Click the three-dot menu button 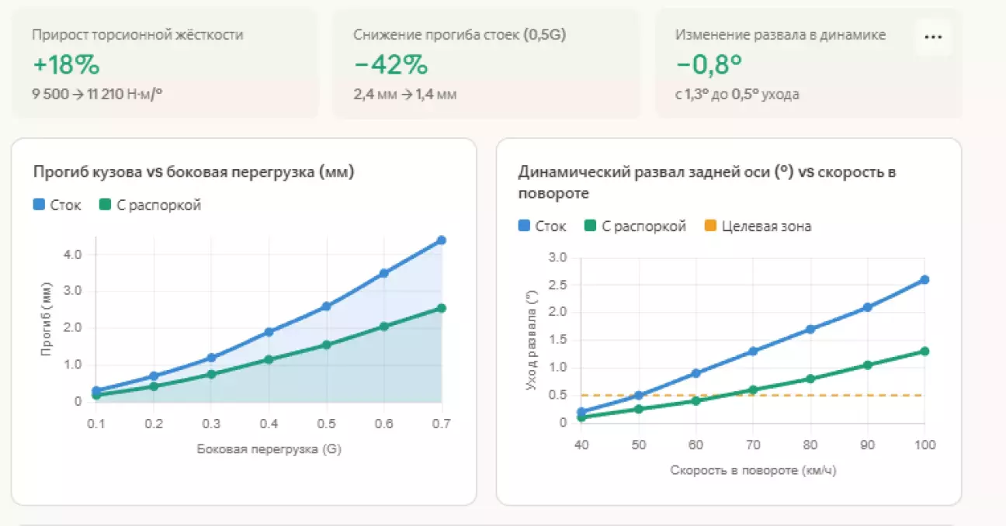pyautogui.click(x=933, y=37)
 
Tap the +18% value pyautogui.click(x=66, y=65)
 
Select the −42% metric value pyautogui.click(x=390, y=65)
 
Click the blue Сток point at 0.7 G pyautogui.click(x=442, y=241)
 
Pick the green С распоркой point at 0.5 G pyautogui.click(x=326, y=344)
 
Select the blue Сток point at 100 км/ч pyautogui.click(x=924, y=280)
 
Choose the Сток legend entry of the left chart pyautogui.click(x=57, y=206)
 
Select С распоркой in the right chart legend pyautogui.click(x=636, y=227)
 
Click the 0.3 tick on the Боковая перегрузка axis pyautogui.click(x=211, y=424)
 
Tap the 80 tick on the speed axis pyautogui.click(x=810, y=445)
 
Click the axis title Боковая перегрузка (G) pyautogui.click(x=269, y=449)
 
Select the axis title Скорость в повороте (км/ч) pyautogui.click(x=752, y=470)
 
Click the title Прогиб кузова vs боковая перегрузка pyautogui.click(x=193, y=173)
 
